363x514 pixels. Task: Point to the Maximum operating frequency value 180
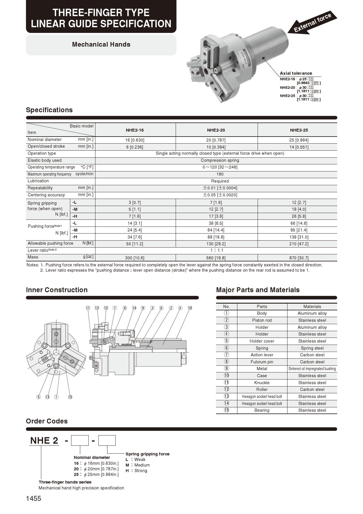[220, 174]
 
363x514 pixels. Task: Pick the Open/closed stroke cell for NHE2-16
[135, 147]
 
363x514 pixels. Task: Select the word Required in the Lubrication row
[220, 181]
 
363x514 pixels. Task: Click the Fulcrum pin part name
[262, 362]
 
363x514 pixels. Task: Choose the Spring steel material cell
[312, 348]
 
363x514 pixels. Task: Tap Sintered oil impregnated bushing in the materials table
[312, 369]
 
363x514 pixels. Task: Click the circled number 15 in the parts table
[226, 410]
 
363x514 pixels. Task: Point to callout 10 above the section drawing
[190, 308]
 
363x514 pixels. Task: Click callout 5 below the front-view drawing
[38, 397]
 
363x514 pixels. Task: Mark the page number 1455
[34, 498]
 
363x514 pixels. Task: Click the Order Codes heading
[47, 421]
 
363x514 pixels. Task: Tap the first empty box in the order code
[80, 440]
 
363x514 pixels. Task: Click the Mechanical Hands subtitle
[101, 45]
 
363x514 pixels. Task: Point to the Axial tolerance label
[296, 73]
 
